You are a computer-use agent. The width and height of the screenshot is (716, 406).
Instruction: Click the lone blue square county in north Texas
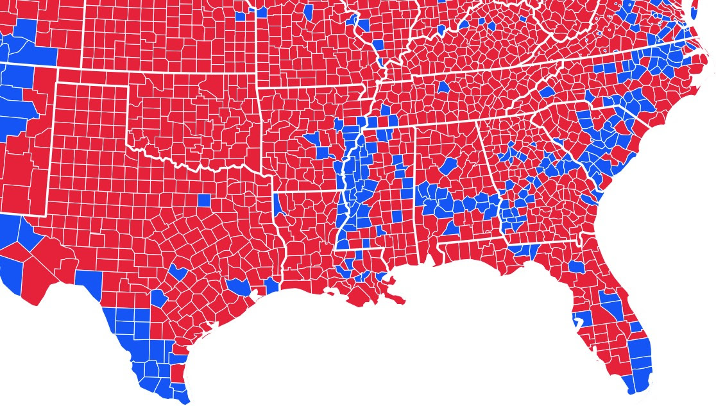[x=204, y=199]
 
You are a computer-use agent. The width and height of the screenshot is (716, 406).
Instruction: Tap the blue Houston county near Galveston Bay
[x=237, y=286]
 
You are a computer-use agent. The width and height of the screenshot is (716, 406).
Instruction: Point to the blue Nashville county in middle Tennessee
[x=443, y=86]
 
